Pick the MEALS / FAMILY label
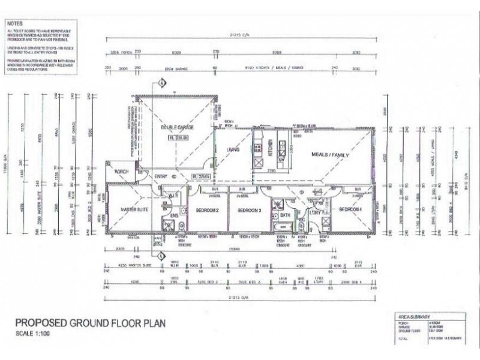330,155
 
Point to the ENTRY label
161,176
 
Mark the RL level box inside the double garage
178,138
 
